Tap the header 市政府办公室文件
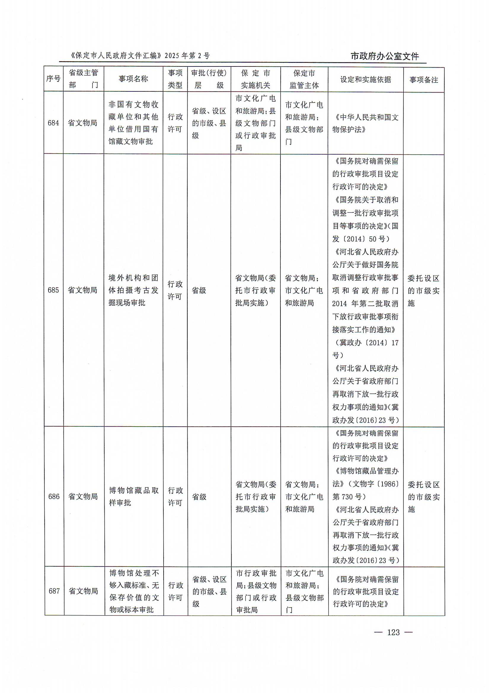click(385, 56)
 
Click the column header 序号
click(53, 79)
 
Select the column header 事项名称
click(133, 79)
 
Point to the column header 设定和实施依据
click(365, 80)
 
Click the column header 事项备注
click(424, 80)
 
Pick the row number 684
click(53, 123)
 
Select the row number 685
click(53, 290)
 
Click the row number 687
click(54, 591)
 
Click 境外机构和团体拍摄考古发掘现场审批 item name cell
click(133, 290)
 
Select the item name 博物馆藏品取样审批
click(134, 496)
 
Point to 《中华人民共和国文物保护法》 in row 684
click(365, 123)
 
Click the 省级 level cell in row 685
click(199, 290)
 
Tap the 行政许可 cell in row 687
click(175, 591)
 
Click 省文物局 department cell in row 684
click(82, 123)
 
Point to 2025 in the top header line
click(172, 56)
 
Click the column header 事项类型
click(175, 79)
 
